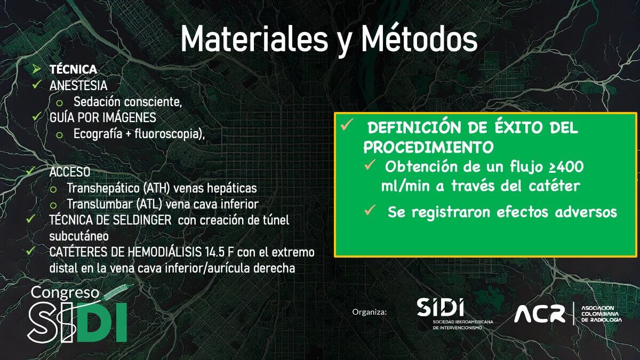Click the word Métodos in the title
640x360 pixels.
419,38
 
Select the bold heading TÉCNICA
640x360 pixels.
74,69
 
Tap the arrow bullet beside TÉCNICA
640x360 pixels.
36,69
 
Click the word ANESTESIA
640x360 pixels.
78,86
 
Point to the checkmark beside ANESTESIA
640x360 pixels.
37,84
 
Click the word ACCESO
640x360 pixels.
70,172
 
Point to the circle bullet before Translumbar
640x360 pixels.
53,205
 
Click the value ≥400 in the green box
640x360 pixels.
566,167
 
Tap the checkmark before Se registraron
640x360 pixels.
370,210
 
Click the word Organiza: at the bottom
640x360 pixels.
370,312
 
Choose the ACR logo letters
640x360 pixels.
540,314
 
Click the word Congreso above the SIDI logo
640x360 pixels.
65,293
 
